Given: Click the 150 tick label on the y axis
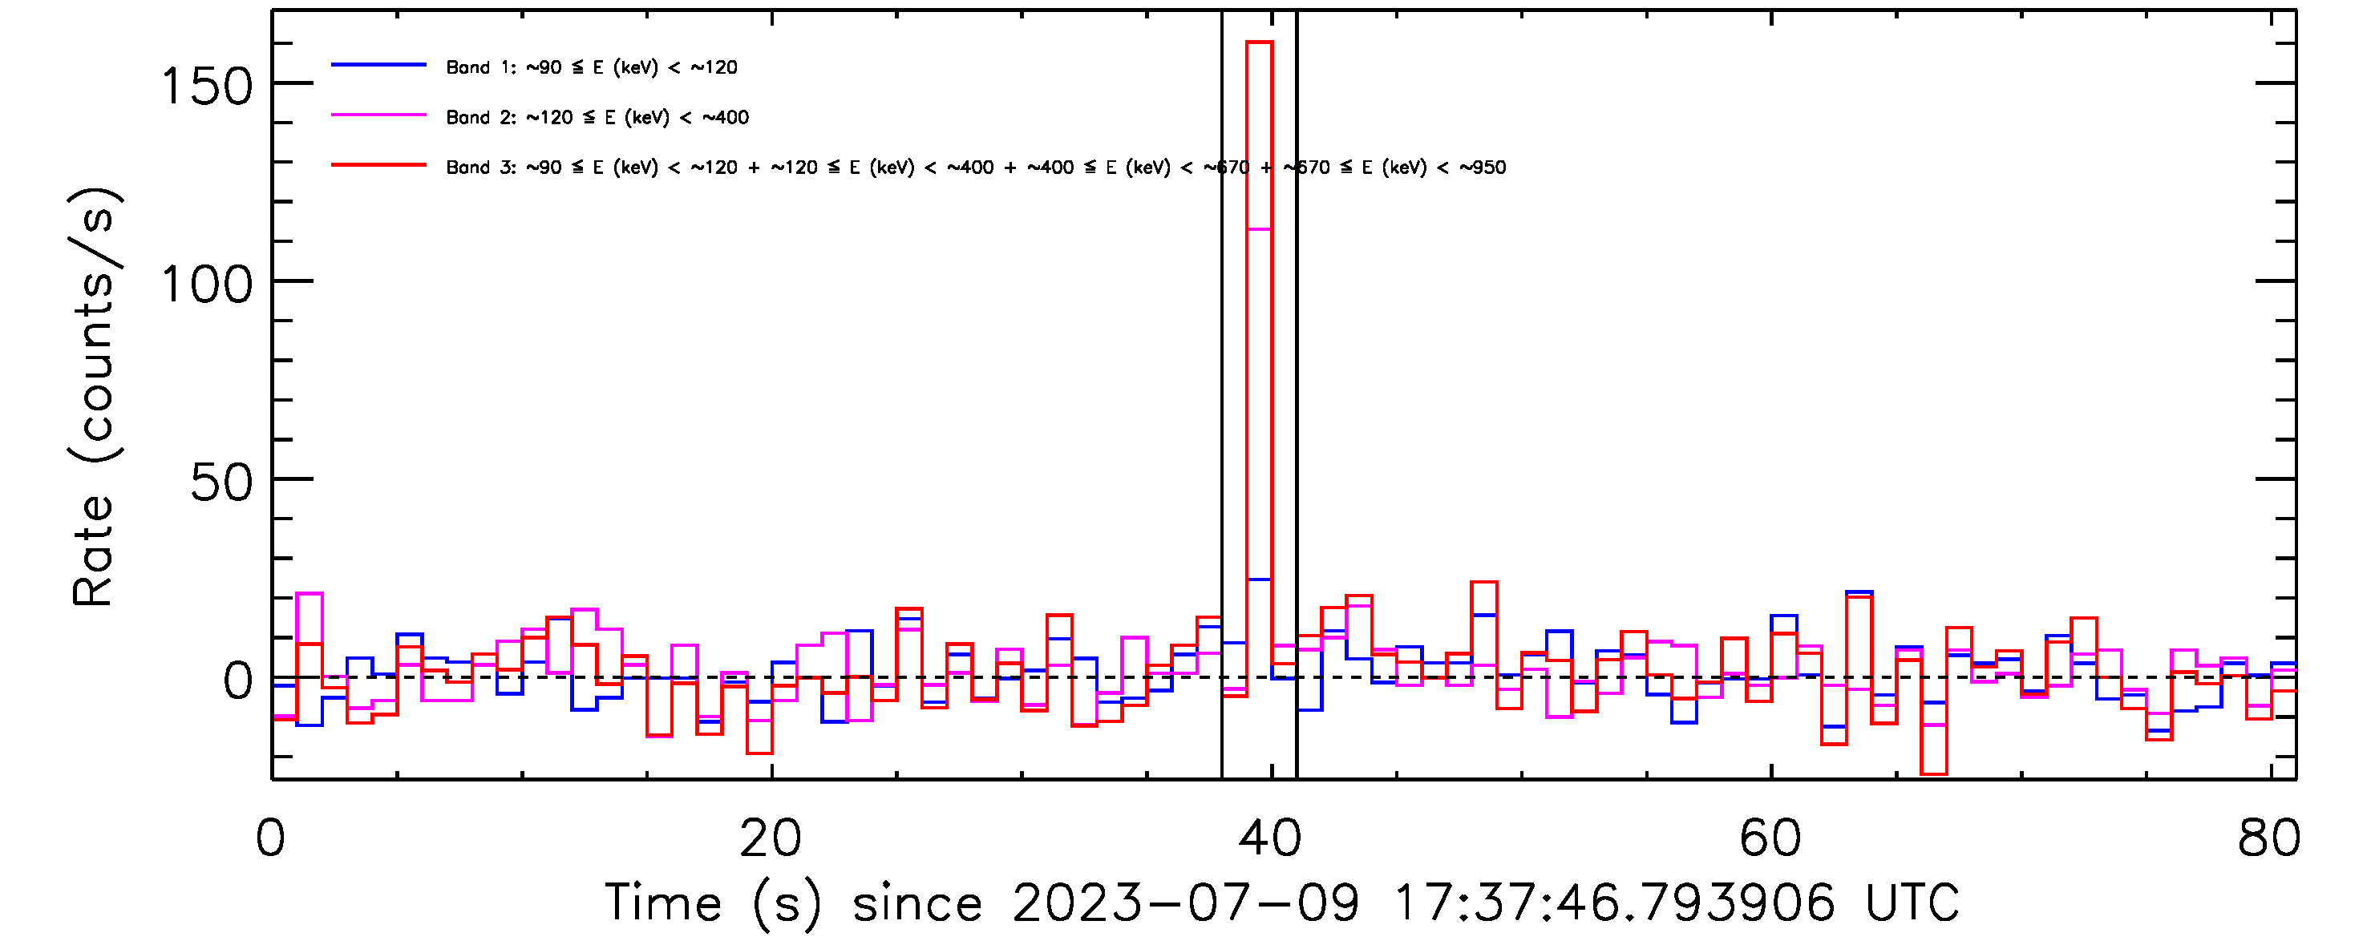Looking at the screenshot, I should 206,88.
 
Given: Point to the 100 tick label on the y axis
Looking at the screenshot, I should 206,285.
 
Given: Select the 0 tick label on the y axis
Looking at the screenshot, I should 238,682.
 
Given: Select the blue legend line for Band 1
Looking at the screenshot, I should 378,65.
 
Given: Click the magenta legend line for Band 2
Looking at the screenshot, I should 378,115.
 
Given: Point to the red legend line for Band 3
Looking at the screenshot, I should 378,165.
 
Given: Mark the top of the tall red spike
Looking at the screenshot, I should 1259,42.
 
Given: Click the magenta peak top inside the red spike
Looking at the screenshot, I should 1259,229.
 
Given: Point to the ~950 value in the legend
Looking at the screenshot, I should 1481,168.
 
